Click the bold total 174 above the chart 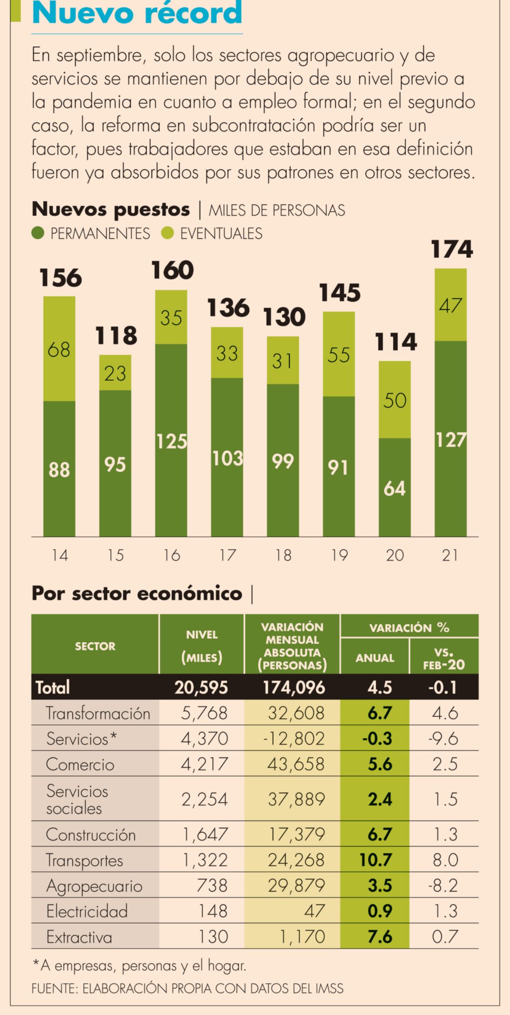click(452, 250)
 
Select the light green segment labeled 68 click(59, 349)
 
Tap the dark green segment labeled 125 click(171, 441)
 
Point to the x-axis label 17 click(227, 555)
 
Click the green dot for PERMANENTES click(38, 233)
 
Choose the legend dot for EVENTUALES click(168, 233)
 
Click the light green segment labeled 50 click(394, 400)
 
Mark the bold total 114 click(395, 342)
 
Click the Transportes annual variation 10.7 click(375, 860)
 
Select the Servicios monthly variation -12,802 click(294, 738)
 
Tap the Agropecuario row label click(94, 886)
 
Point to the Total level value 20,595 click(201, 687)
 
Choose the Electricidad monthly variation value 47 click(314, 911)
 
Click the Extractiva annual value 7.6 click(380, 937)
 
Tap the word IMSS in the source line click(329, 988)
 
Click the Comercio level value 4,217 click(204, 764)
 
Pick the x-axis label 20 click(395, 555)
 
